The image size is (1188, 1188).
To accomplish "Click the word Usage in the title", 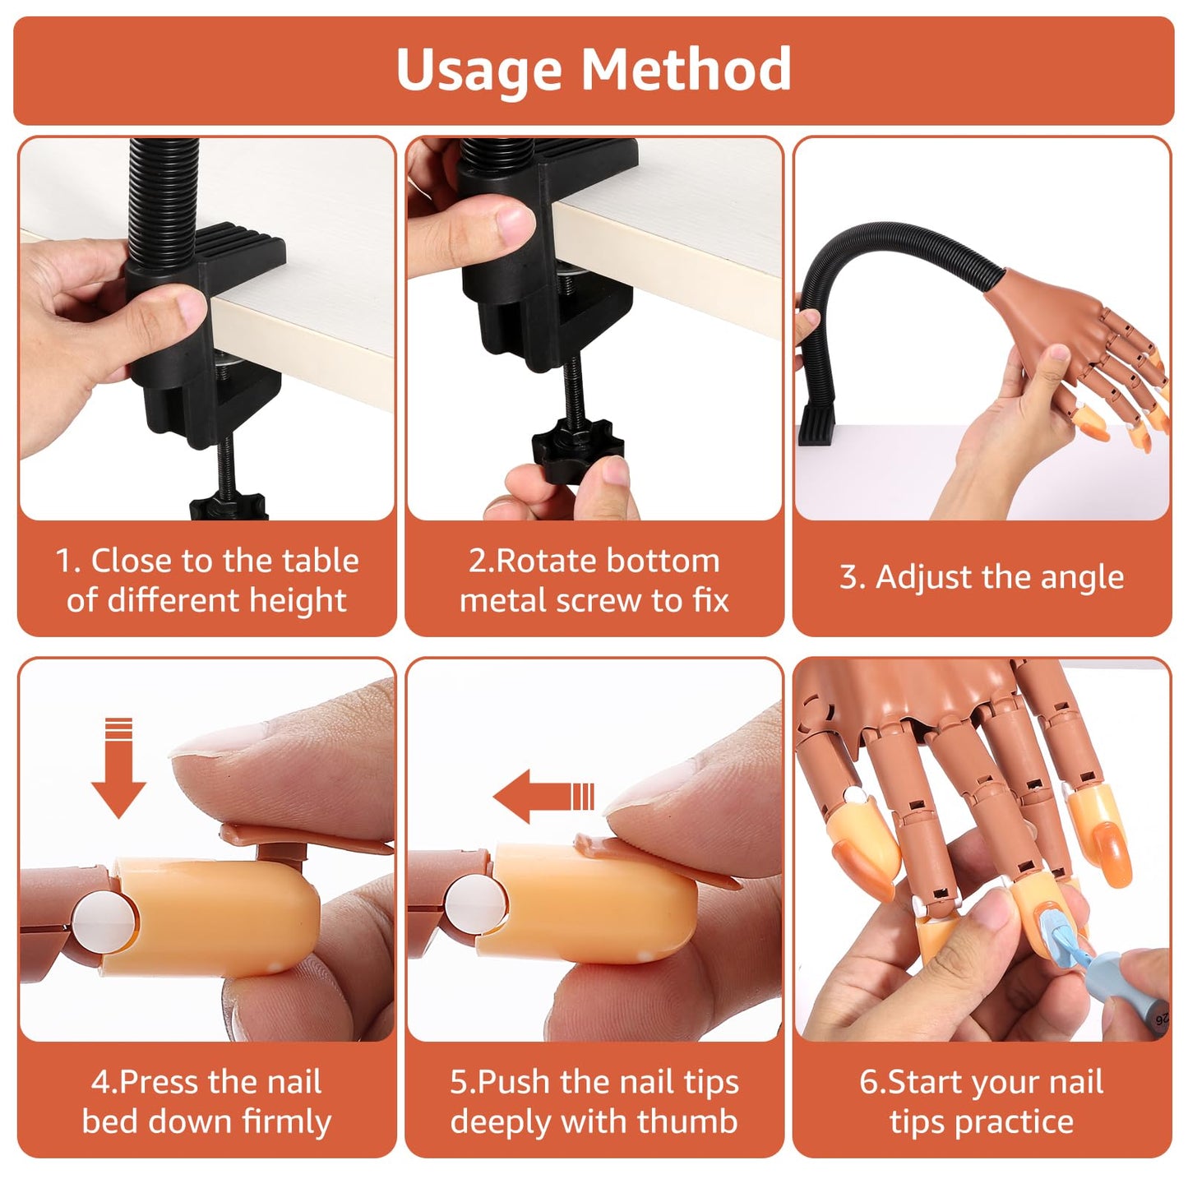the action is [x=478, y=70].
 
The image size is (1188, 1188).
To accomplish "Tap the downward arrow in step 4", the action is [x=118, y=768].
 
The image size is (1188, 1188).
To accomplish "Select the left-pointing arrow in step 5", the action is [x=543, y=797].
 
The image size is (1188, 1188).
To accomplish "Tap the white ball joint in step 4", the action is [x=103, y=923].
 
